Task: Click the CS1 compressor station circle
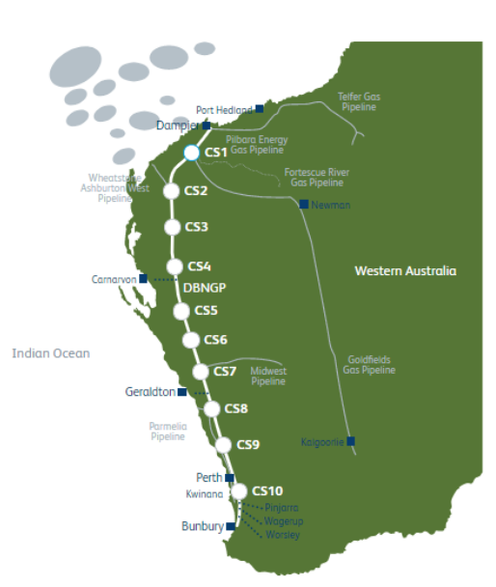point(191,153)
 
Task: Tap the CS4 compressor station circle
point(175,266)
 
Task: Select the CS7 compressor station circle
point(201,372)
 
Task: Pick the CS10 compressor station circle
point(238,491)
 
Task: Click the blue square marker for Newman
point(304,204)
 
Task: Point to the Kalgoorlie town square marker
point(351,441)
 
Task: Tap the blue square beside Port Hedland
point(259,110)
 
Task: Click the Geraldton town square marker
point(182,392)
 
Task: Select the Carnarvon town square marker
point(144,279)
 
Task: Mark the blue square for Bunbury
point(231,527)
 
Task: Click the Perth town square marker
point(230,478)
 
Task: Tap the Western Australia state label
point(405,271)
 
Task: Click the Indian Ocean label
point(50,353)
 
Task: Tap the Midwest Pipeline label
point(269,376)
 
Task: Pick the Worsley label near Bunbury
point(283,534)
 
